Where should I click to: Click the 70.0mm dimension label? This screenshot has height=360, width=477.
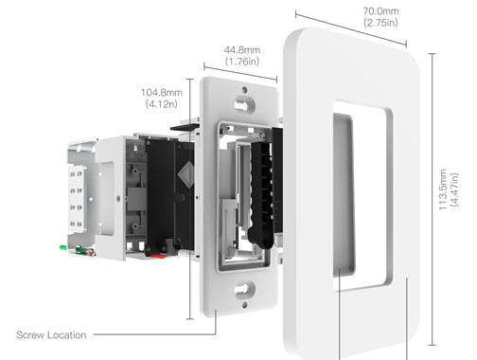click(380, 11)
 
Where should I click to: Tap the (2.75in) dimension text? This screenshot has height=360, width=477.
click(380, 23)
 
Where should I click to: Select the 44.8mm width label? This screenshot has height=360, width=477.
click(242, 50)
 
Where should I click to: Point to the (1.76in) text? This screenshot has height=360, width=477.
click(242, 62)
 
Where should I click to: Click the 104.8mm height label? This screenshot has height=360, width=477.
click(162, 93)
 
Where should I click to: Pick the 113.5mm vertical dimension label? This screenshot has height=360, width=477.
click(443, 189)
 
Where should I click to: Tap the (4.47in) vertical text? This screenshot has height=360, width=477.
click(454, 189)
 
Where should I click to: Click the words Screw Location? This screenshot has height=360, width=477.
click(51, 335)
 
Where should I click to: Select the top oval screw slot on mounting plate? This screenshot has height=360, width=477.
click(245, 104)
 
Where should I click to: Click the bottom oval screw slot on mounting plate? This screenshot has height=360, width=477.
click(245, 289)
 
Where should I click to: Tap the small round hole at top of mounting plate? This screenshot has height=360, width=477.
click(245, 90)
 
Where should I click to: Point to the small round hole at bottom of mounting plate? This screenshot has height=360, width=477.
click(245, 305)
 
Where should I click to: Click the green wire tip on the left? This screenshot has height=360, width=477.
click(63, 248)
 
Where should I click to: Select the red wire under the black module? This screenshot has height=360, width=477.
click(157, 256)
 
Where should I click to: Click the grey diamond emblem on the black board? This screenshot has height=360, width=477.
click(186, 174)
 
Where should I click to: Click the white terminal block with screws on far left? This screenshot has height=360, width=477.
click(77, 198)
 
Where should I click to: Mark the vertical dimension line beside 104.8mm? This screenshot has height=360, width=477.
click(189, 199)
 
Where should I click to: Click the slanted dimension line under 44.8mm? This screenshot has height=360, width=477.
click(240, 73)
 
